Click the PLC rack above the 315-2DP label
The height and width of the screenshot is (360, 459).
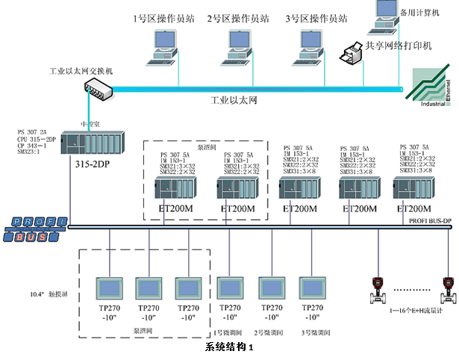tap(92, 143)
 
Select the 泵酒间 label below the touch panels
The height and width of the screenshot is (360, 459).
tap(144, 329)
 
